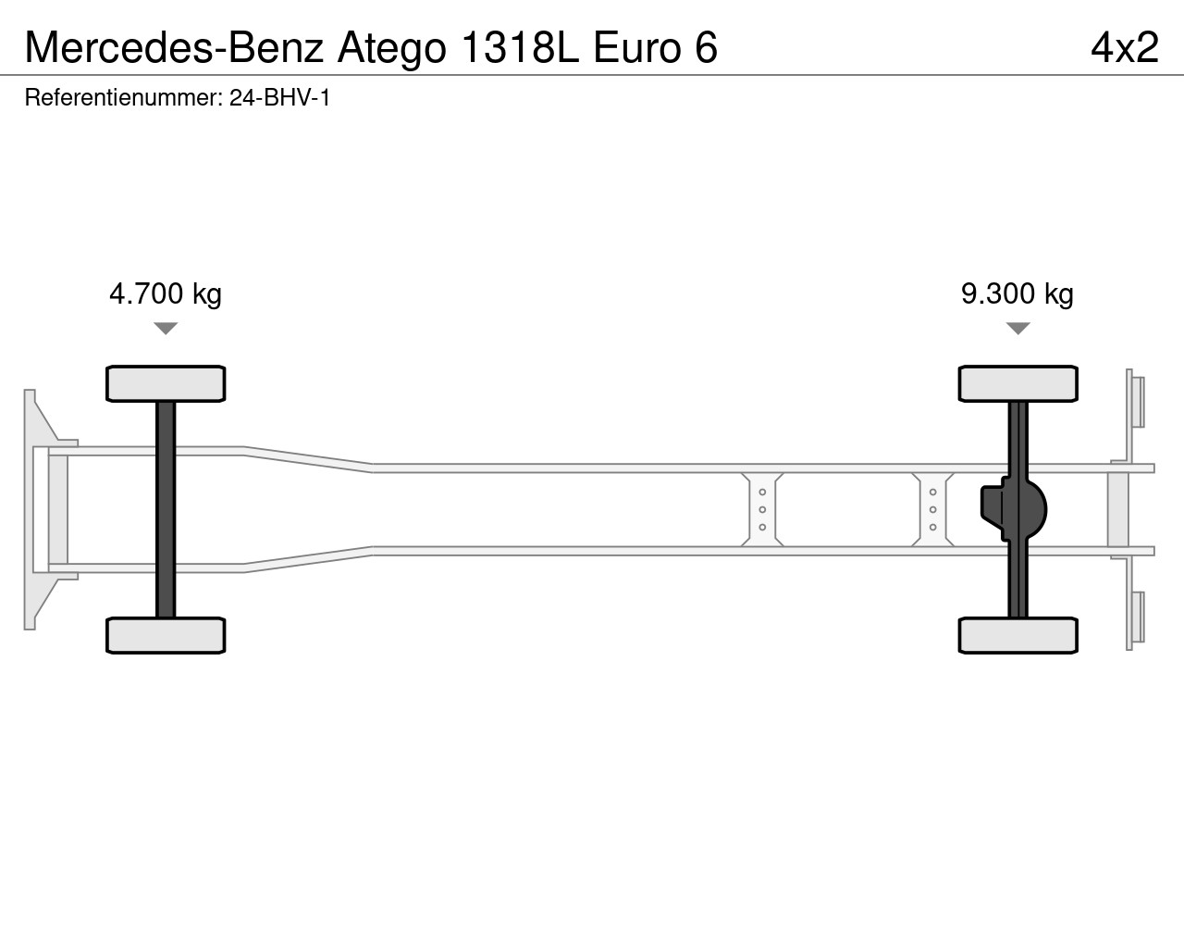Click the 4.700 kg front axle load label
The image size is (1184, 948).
pos(165,294)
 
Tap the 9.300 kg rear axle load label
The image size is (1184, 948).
pos(1017,294)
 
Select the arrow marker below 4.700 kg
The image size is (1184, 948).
pos(166,329)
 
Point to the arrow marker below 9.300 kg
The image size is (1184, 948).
pos(1017,329)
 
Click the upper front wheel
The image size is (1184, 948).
pos(166,383)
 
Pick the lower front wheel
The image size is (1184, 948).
pos(166,635)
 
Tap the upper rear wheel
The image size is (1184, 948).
pos(1017,383)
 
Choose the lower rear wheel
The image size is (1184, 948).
pos(1017,635)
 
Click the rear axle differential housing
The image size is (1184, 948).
pos(1014,509)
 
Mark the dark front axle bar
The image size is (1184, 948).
pos(166,509)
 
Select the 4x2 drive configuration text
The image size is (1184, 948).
pos(1125,47)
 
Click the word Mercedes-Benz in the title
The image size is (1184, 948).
pos(174,47)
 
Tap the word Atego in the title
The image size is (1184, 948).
pos(391,48)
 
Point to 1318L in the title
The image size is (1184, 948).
pos(521,47)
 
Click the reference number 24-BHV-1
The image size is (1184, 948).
pos(279,98)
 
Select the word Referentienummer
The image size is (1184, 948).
pos(123,98)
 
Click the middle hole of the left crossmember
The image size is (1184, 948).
pos(762,509)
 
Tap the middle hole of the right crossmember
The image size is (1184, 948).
pos(933,509)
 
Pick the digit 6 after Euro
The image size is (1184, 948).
pos(706,47)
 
